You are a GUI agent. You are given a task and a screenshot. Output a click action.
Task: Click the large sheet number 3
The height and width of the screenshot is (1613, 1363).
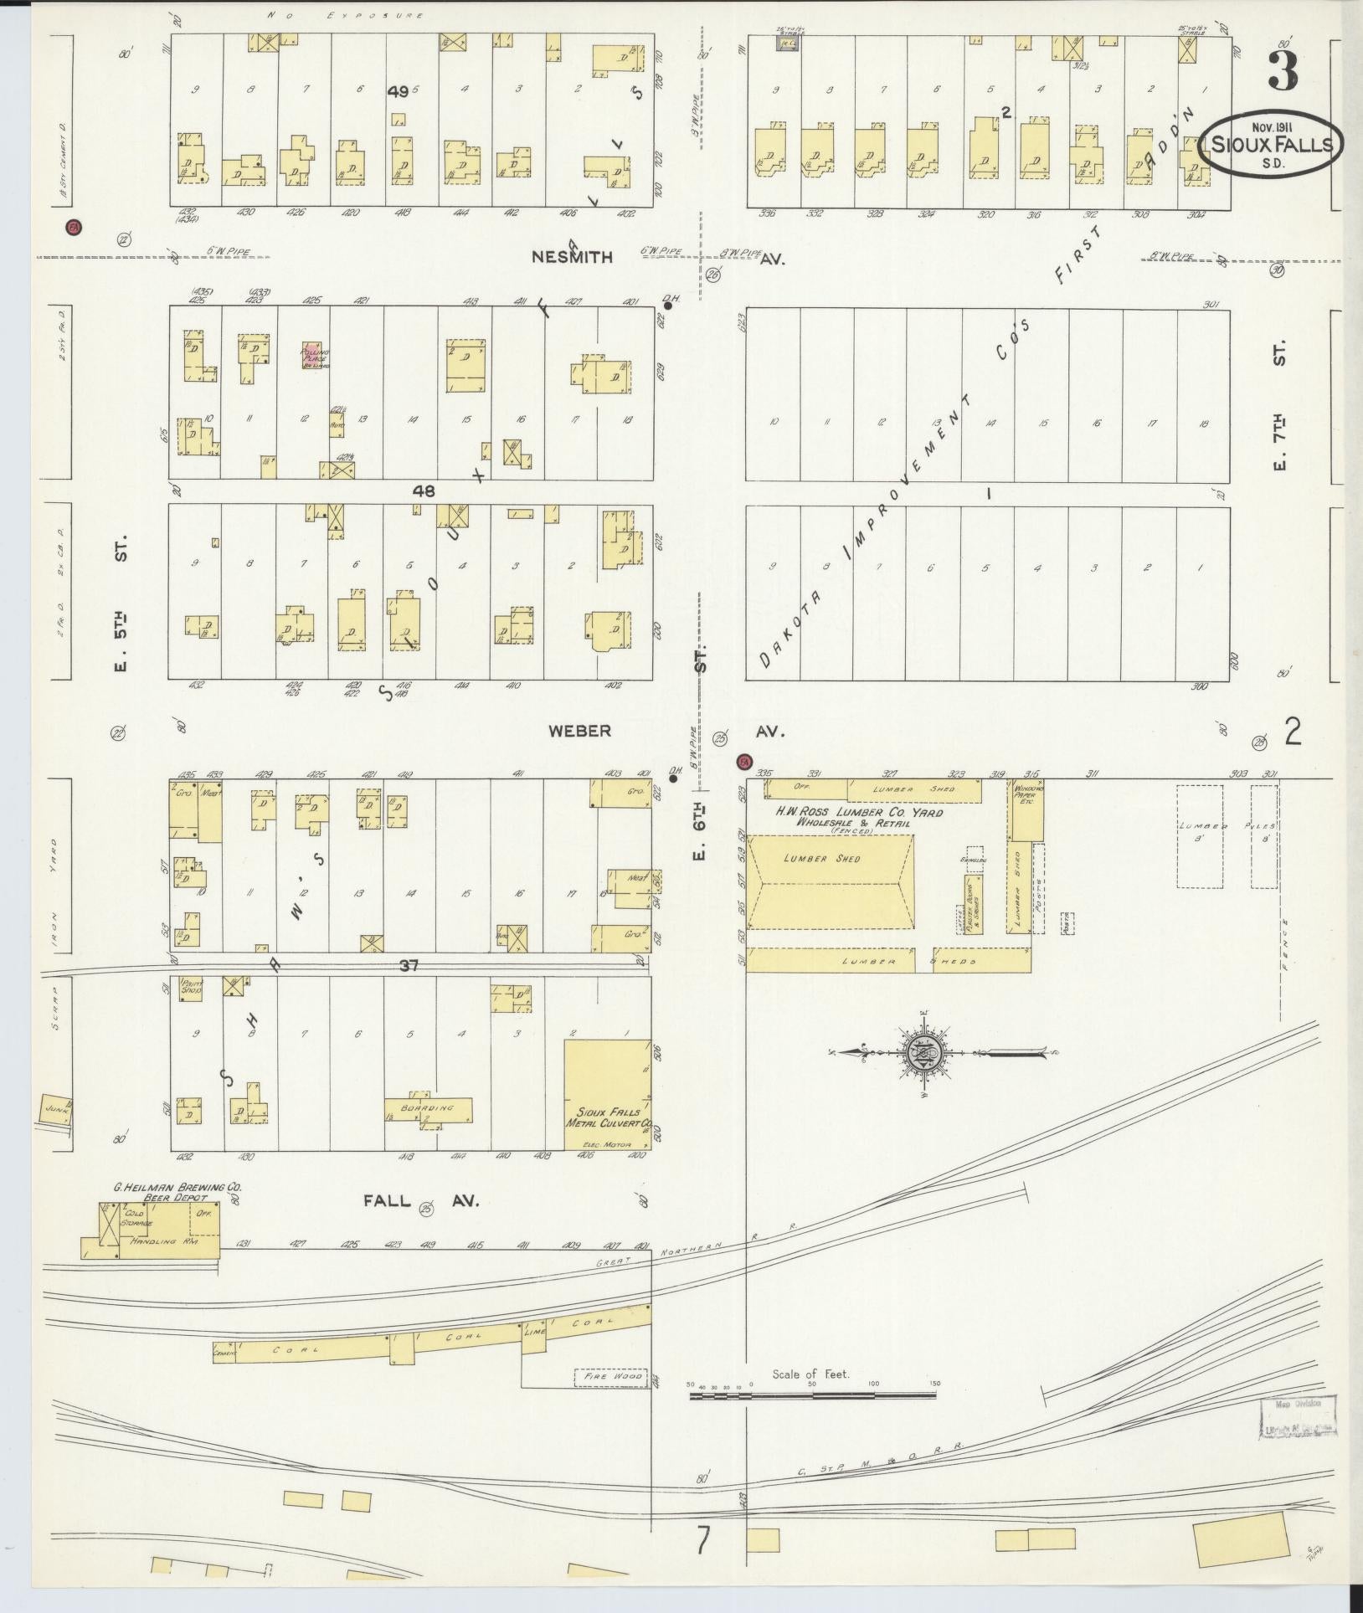(1283, 69)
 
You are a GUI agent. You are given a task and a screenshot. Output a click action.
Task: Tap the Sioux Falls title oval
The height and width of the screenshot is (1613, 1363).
(1271, 145)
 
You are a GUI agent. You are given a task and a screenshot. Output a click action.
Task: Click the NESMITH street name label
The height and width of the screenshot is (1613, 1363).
(572, 258)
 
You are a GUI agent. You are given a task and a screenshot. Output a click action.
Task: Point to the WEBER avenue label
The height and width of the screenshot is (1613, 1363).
(579, 731)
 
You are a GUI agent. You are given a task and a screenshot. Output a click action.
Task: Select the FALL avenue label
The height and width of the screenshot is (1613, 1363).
(387, 1200)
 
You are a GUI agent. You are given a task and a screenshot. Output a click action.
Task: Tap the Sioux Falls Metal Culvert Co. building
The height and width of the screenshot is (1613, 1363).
(608, 1093)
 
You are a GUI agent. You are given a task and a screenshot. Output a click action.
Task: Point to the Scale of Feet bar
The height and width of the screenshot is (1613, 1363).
(812, 1395)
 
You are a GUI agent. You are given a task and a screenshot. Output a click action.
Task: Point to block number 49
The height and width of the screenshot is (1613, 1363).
(398, 93)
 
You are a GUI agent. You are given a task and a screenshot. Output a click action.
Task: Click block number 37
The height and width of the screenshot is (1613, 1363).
(409, 966)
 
